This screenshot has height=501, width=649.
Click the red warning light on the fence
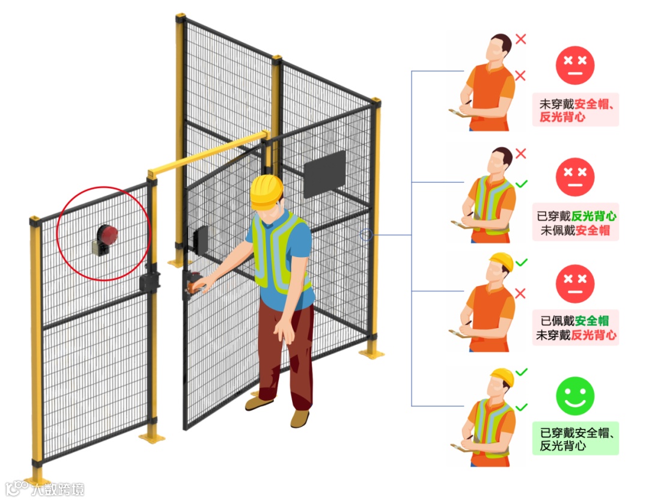[x=108, y=234]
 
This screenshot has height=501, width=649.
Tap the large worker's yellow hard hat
[x=266, y=191]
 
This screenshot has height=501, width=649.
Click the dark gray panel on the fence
[x=324, y=174]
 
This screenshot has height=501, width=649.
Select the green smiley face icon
[x=575, y=396]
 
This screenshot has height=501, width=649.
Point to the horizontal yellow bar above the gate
[x=207, y=154]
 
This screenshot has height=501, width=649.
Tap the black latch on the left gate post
[x=148, y=280]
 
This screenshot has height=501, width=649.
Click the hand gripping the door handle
[x=201, y=285]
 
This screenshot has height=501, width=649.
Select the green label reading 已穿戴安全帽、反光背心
[x=575, y=439]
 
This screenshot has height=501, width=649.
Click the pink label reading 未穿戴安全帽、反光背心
[x=575, y=110]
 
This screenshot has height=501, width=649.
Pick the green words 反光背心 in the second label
[x=594, y=216]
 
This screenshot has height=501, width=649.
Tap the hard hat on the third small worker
[x=501, y=261]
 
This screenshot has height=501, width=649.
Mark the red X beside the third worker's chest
[x=521, y=293]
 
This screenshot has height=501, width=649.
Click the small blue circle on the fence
[x=366, y=235]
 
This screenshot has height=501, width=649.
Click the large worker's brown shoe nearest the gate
[x=259, y=403]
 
